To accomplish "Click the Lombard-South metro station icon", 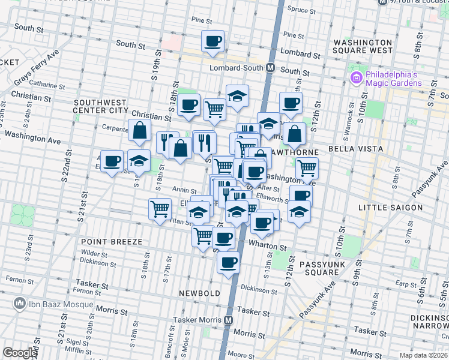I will point(271,68).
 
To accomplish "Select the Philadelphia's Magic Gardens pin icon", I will point(355,77).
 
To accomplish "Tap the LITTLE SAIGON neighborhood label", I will point(390,208).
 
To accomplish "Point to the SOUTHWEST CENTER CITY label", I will point(100,106).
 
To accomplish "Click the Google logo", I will point(20,353).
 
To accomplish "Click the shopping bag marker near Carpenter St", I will point(139,130).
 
